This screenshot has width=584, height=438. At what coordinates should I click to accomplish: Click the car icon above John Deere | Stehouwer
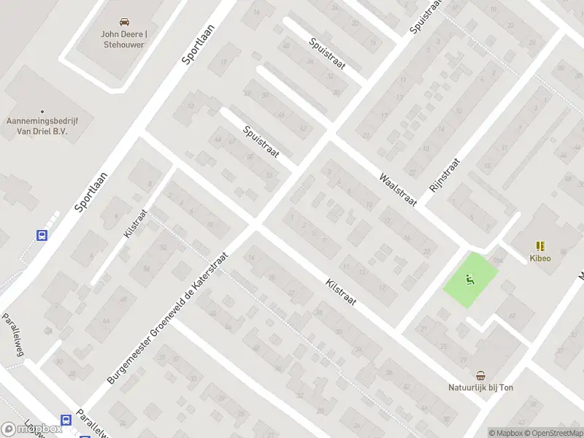(x=123, y=21)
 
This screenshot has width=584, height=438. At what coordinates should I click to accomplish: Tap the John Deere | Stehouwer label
(x=123, y=39)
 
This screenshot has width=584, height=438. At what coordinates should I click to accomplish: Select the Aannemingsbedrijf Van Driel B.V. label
(x=42, y=126)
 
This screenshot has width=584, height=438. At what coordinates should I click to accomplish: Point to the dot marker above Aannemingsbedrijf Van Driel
(x=42, y=111)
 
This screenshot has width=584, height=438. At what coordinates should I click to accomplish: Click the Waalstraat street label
(x=397, y=189)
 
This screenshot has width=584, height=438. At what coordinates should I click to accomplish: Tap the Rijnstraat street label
(x=445, y=175)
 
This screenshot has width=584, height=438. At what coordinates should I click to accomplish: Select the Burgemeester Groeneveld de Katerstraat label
(x=168, y=319)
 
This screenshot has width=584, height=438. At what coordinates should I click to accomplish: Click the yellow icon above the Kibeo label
(x=540, y=246)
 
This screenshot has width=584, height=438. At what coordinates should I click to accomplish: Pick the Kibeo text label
(x=540, y=258)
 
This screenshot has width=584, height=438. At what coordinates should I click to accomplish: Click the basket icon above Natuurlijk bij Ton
(x=480, y=375)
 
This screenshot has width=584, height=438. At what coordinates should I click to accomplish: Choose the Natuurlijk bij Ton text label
(x=480, y=387)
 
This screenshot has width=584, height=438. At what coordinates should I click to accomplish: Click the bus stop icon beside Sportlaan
(x=42, y=235)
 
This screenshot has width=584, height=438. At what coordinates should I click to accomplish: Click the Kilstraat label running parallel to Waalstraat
(x=340, y=291)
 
